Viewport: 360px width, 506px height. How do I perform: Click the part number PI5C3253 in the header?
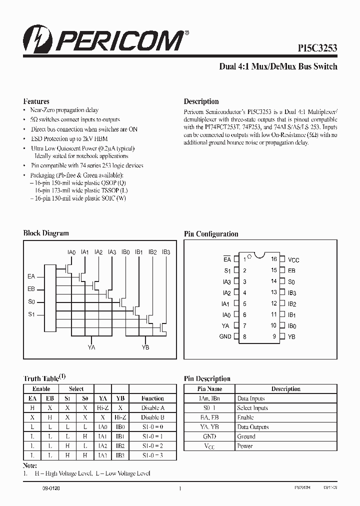click(314, 48)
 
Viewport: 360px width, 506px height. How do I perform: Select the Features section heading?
click(36, 101)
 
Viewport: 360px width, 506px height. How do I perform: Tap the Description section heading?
click(201, 101)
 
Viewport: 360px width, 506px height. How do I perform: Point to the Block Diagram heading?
click(46, 233)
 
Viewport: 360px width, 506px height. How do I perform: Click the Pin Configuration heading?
click(211, 234)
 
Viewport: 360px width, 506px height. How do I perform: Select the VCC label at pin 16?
click(293, 260)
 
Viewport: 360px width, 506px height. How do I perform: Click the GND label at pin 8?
click(225, 336)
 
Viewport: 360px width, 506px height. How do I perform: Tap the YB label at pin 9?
click(291, 337)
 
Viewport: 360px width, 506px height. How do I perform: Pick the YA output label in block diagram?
click(91, 347)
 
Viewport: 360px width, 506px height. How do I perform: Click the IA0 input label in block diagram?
click(71, 252)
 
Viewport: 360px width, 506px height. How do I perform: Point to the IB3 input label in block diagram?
click(166, 252)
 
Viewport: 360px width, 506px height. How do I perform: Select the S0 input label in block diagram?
click(31, 301)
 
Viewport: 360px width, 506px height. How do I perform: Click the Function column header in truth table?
click(152, 398)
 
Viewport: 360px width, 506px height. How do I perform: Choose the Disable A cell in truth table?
click(152, 408)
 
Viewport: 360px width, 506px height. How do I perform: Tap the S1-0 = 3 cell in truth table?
click(152, 455)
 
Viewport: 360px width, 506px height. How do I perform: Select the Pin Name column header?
click(209, 389)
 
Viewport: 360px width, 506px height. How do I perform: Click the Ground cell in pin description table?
click(246, 436)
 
